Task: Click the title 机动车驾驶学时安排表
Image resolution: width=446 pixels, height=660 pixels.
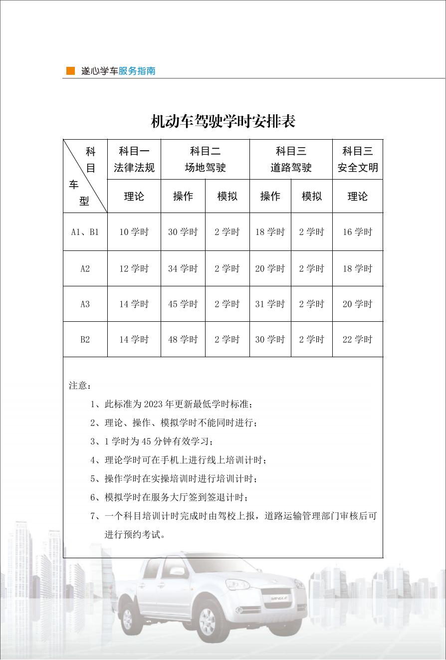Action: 223,121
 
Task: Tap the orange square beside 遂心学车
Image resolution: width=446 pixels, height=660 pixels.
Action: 71,71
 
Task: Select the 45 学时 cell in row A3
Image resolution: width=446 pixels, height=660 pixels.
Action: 183,304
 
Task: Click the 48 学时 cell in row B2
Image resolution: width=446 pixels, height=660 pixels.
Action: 183,339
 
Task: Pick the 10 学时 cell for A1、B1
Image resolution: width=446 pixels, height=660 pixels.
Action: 134,232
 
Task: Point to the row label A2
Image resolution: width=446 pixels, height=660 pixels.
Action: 85,268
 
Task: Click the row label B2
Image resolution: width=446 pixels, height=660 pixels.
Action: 85,339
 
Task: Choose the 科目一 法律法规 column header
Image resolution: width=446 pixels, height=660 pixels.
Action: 134,159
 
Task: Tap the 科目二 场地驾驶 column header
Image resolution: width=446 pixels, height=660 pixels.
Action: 205,159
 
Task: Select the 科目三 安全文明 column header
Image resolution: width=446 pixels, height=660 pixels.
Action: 358,159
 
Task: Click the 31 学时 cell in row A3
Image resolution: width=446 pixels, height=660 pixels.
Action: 270,304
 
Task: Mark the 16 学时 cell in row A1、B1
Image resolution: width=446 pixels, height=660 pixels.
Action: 357,232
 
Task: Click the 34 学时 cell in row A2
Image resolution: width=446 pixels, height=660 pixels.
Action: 183,268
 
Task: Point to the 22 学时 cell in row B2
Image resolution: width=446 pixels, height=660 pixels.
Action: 357,339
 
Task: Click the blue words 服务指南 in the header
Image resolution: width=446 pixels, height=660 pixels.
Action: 137,71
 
